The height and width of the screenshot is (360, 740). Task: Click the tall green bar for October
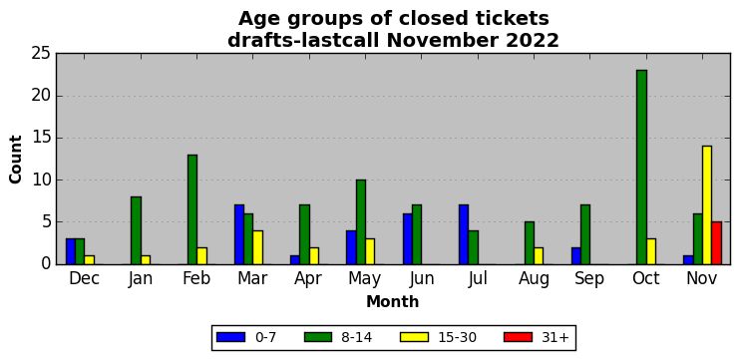tap(641, 167)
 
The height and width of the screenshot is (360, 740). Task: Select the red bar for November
tap(716, 243)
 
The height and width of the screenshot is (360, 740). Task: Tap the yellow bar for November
tap(707, 205)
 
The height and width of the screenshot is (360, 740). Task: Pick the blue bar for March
tap(239, 234)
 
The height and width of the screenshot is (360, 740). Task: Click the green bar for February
tap(192, 209)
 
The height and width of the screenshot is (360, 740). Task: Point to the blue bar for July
tap(464, 234)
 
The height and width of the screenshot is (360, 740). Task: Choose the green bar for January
tap(136, 230)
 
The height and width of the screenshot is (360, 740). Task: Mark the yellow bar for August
tap(539, 255)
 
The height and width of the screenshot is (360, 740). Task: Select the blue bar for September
tap(575, 255)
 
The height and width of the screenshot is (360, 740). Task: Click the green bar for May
tap(361, 221)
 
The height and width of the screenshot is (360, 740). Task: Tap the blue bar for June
tap(408, 238)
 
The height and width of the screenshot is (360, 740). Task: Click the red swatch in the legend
tap(519, 337)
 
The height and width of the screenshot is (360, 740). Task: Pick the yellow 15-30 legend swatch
tap(414, 337)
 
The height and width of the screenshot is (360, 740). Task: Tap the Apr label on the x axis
tap(308, 279)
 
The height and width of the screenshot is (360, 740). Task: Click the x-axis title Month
tap(393, 301)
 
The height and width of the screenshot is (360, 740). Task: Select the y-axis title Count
tap(16, 159)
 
